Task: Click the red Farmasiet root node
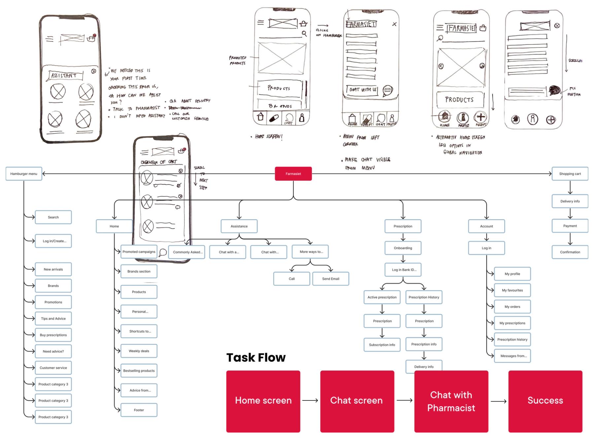point(293,174)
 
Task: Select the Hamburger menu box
point(24,174)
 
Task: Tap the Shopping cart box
point(570,174)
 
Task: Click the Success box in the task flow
point(545,401)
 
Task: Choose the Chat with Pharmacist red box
point(451,401)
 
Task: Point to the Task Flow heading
point(256,357)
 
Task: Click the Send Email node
point(331,279)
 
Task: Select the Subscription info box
point(382,345)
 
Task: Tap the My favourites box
point(512,290)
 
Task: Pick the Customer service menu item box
point(53,368)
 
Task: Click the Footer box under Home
point(139,410)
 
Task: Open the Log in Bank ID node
point(403,270)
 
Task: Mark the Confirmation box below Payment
point(570,252)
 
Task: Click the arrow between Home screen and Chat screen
point(310,400)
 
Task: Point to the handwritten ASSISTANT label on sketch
point(64,76)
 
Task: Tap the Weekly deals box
point(139,351)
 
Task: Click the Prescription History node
point(424,297)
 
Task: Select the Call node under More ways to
point(292,279)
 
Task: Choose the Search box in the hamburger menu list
point(53,217)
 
